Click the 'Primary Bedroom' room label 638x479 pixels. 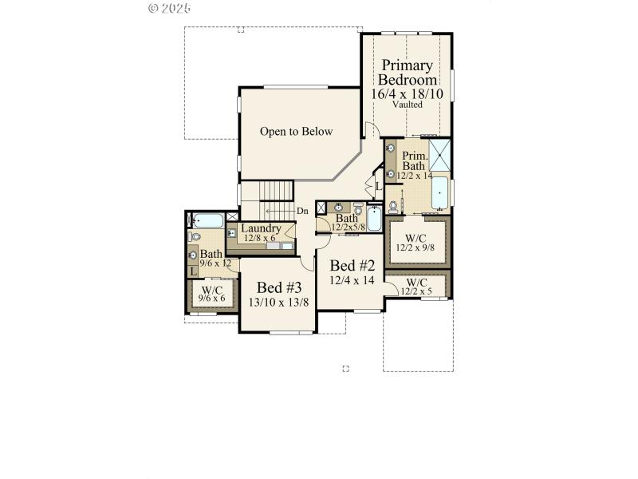tap(407, 73)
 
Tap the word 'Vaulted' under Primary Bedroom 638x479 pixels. tap(408, 105)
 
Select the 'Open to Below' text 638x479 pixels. tap(296, 132)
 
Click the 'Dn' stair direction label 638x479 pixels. tap(302, 211)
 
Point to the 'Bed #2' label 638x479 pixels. tap(352, 265)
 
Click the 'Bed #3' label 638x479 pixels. tap(279, 287)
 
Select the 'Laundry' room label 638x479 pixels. tap(261, 228)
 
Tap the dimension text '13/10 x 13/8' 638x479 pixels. tap(279, 302)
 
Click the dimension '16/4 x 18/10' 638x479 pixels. tap(407, 93)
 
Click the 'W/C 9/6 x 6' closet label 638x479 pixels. tap(212, 294)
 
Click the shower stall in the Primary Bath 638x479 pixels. tap(439, 154)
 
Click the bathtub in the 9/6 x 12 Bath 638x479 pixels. tap(208, 220)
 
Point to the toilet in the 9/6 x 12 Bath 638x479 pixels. tap(195, 237)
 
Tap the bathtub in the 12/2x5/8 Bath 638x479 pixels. tap(375, 218)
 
